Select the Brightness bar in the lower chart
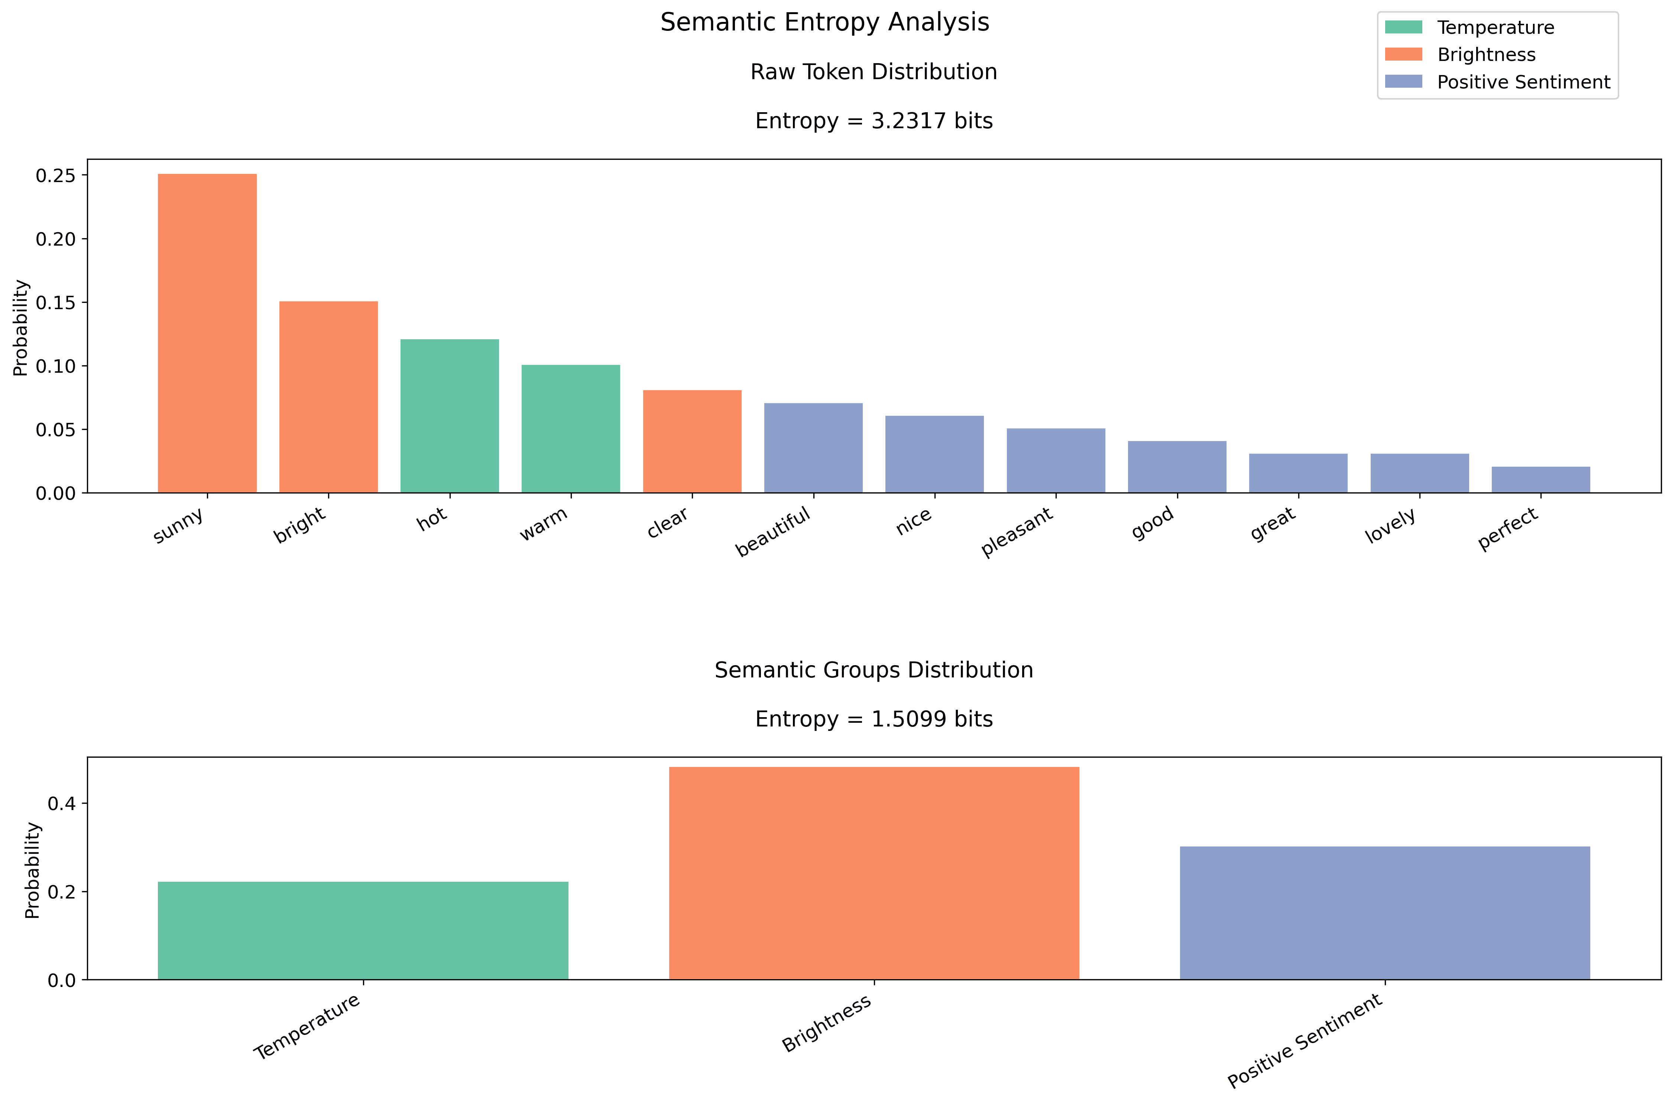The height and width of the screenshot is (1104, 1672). pos(874,873)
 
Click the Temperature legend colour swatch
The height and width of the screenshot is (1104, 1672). pos(1403,27)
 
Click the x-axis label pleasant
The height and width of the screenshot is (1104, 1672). pos(1017,532)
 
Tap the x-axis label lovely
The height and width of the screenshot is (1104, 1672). pos(1390,526)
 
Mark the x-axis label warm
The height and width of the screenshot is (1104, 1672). pos(544,525)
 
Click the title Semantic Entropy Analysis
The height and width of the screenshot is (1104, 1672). pos(824,23)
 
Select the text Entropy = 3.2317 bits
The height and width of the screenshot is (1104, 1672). pos(874,121)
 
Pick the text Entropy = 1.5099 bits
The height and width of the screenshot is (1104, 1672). pos(874,719)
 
